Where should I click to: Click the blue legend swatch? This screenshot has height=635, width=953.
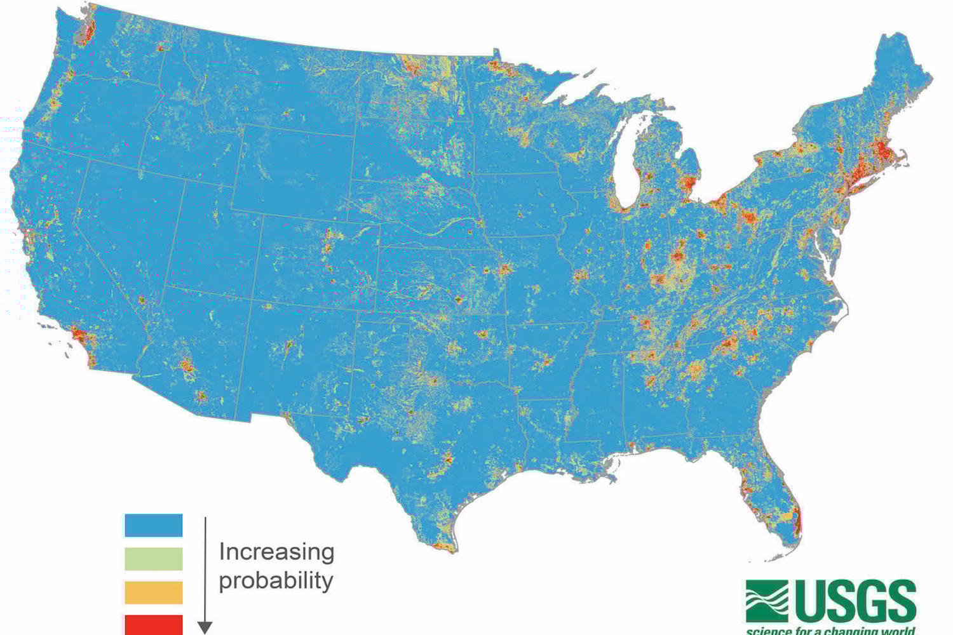(x=153, y=525)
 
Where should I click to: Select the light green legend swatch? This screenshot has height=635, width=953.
(x=153, y=559)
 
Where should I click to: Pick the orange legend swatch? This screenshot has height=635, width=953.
(x=153, y=592)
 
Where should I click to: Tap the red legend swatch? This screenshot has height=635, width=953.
(x=153, y=624)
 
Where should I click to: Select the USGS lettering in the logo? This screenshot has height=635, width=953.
(x=855, y=601)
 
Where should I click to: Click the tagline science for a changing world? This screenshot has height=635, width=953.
(x=831, y=631)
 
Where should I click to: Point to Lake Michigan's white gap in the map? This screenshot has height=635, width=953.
(x=629, y=159)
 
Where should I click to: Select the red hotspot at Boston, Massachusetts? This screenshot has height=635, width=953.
(x=882, y=150)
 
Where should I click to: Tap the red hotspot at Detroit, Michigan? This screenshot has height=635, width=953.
(x=688, y=184)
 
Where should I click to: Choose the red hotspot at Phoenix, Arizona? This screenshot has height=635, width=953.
(x=186, y=365)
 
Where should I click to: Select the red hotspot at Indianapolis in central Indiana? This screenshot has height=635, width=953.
(x=678, y=256)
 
